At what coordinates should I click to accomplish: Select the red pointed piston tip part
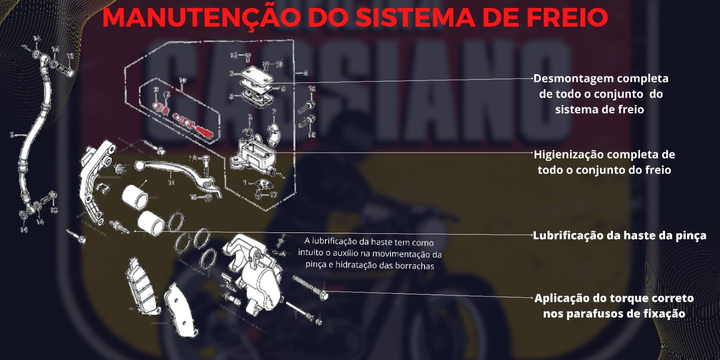tap(204, 132)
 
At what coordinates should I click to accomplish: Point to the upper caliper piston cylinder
tap(135, 196)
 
